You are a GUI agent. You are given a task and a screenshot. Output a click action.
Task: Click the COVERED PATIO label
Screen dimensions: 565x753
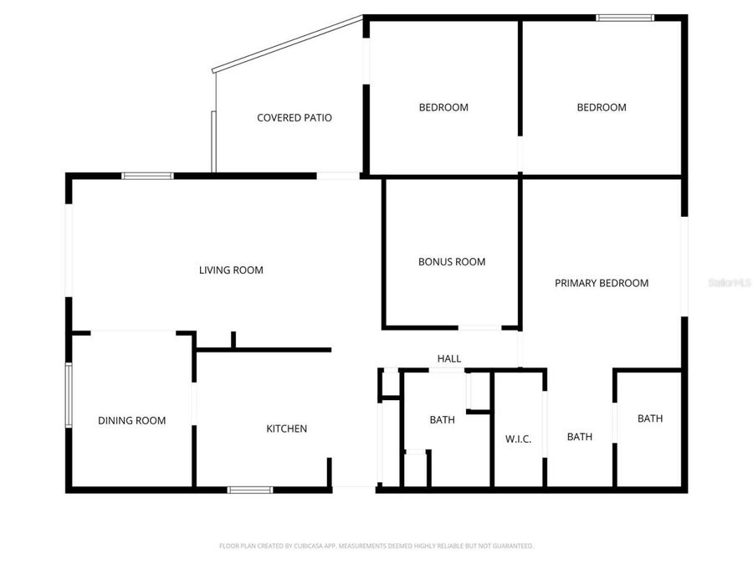[x=294, y=118]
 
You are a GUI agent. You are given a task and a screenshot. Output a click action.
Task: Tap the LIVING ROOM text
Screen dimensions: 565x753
[x=231, y=270]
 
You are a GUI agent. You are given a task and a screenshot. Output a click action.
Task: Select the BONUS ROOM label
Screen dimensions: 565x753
[x=452, y=262]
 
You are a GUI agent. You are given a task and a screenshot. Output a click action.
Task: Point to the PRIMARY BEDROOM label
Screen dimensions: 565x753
[x=602, y=283]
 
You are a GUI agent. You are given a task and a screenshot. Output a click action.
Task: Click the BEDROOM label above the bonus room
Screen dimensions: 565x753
[x=443, y=107]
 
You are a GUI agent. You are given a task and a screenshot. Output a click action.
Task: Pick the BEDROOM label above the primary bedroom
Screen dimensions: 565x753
[x=602, y=107]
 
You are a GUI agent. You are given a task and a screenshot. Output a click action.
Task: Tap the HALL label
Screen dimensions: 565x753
[x=449, y=359]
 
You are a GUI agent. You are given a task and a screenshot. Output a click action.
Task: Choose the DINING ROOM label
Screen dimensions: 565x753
[x=131, y=421]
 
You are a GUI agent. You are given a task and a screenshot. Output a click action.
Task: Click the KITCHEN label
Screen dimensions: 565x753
[x=286, y=429]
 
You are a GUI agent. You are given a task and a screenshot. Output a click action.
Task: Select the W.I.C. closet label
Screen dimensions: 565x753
[x=519, y=439]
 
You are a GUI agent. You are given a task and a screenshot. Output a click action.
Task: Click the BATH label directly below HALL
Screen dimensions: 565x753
[x=443, y=420]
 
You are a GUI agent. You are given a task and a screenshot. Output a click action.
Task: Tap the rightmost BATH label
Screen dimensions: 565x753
[x=650, y=419]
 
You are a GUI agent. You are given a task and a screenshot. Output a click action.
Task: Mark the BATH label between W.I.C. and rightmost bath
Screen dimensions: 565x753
[x=580, y=437]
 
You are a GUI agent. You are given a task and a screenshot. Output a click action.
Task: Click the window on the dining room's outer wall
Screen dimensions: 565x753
[x=69, y=395]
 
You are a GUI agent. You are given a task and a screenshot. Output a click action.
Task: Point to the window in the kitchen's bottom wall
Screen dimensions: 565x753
[x=250, y=490]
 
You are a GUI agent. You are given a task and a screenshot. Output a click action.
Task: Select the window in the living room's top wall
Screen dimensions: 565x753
[x=147, y=176]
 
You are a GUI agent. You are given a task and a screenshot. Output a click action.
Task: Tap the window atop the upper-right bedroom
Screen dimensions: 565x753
[x=624, y=17]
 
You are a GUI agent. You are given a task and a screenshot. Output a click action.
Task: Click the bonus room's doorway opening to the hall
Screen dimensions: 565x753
[x=479, y=327]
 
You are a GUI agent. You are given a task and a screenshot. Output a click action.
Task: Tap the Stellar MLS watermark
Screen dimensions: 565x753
[x=730, y=284]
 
